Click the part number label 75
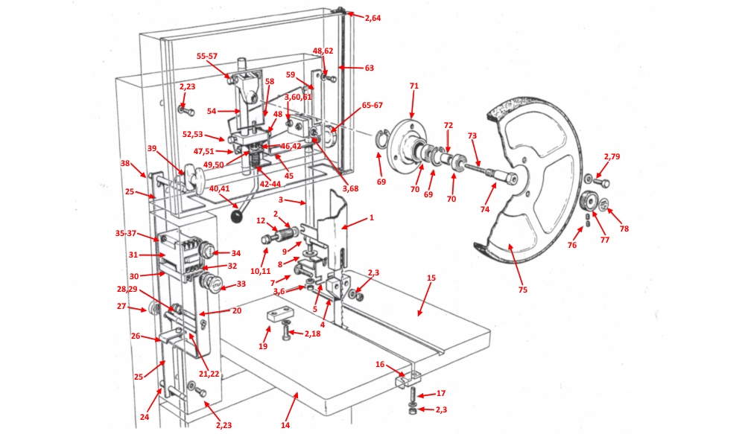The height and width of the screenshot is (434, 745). [522, 290]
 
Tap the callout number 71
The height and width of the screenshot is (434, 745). [414, 86]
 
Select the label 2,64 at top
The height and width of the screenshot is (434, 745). [372, 18]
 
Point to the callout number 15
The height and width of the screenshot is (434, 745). [431, 278]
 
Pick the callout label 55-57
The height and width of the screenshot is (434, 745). [207, 56]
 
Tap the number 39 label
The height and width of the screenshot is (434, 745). [152, 149]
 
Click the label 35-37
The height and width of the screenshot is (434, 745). [127, 233]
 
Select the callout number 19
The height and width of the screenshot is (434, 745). [263, 348]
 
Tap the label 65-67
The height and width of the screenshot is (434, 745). [372, 106]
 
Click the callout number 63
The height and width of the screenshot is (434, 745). [369, 68]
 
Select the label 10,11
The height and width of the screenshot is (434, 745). [261, 272]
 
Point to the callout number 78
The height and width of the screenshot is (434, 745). [624, 229]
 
